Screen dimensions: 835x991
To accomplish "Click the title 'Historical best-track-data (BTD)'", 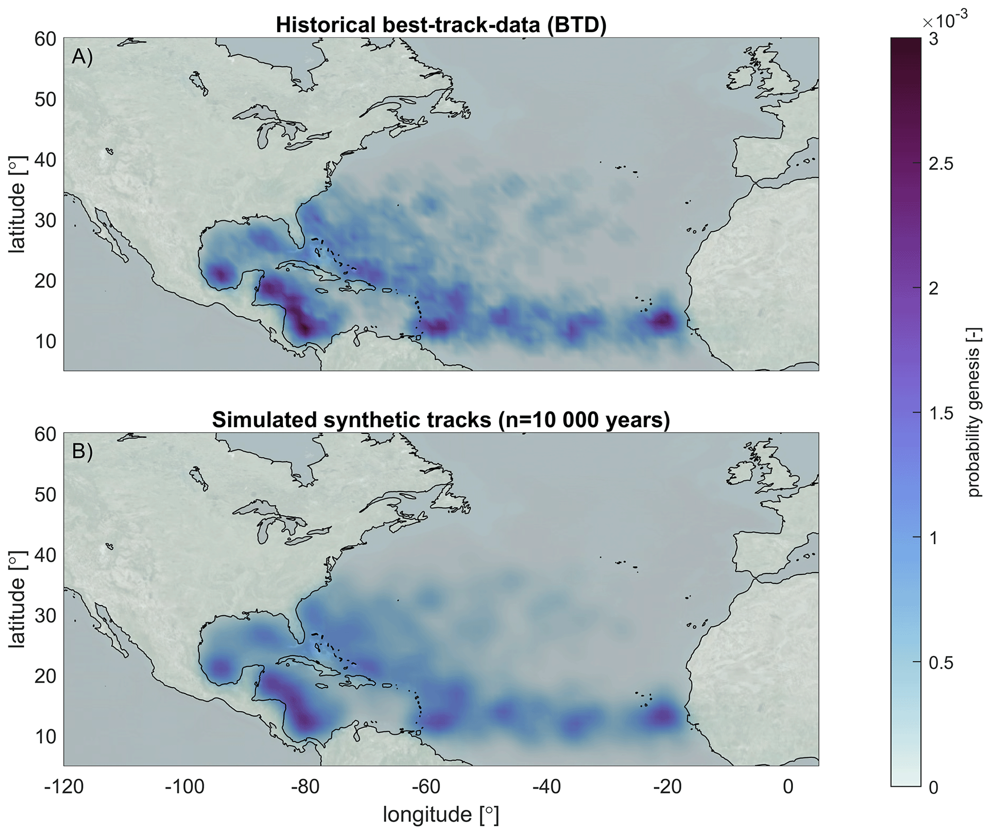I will coord(441,25).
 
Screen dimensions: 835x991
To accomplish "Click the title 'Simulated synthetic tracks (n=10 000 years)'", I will coord(441,420).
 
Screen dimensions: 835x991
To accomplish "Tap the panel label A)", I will coord(82,57).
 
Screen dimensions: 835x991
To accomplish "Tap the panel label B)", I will coord(82,452).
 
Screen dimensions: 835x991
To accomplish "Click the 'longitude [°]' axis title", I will coord(441,815).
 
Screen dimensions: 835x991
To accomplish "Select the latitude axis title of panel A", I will coord(17,204).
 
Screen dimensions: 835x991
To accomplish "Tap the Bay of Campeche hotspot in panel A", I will coord(221,274).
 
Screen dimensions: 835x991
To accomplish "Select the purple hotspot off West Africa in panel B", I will coord(664,716).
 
